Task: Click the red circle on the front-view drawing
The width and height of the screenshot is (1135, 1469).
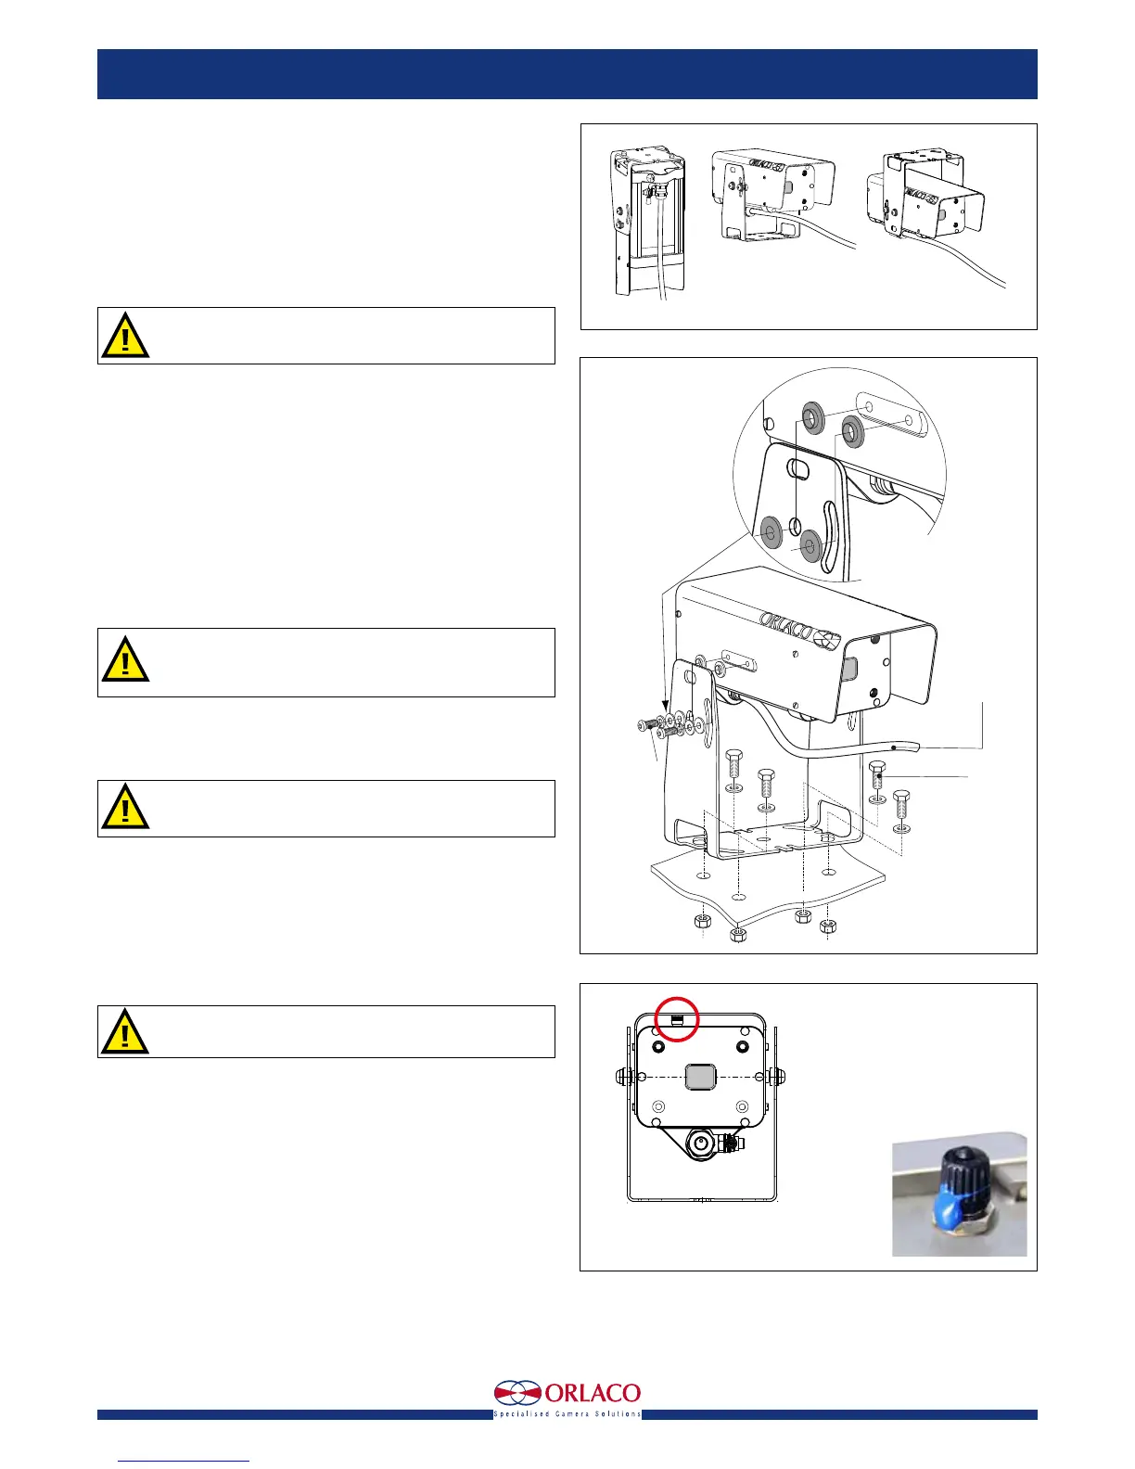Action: [677, 1018]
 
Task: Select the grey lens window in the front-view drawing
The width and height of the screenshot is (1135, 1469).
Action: [700, 1077]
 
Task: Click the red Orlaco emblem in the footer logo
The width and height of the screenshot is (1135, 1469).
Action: [516, 1394]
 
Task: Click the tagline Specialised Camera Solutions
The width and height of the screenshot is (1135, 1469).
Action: [567, 1413]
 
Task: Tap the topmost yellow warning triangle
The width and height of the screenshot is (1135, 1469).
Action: [124, 336]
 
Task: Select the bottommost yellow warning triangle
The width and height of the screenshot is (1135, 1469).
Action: [124, 1031]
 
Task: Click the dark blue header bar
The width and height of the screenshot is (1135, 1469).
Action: [567, 74]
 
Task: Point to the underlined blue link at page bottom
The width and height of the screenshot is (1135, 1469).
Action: [185, 1460]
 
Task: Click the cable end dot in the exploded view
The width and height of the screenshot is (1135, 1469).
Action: [893, 747]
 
